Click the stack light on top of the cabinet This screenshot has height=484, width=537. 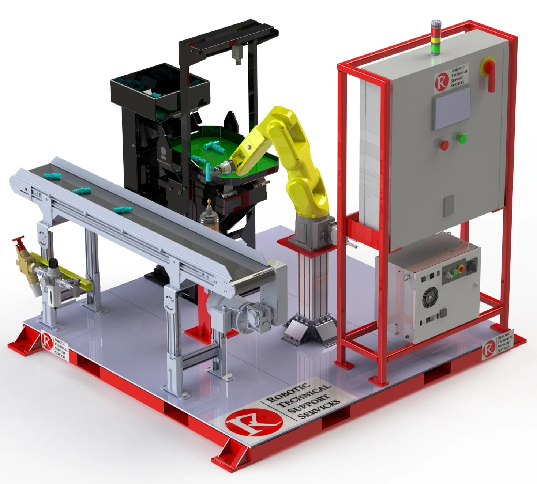435,37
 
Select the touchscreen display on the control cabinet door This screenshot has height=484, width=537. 452,108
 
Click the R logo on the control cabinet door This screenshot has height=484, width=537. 442,82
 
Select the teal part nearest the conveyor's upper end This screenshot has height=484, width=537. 51,175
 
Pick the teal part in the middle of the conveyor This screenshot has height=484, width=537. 81,190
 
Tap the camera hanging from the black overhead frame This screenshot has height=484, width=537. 238,55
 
